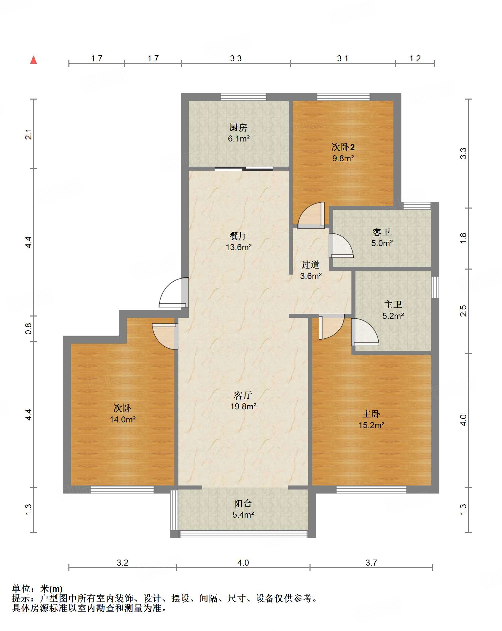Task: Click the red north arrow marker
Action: click(x=34, y=60)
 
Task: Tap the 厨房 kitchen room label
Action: click(x=238, y=127)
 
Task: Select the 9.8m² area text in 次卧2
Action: click(x=343, y=158)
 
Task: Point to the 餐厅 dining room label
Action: click(x=238, y=236)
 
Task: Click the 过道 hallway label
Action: click(x=311, y=265)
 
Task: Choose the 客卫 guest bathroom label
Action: click(x=382, y=232)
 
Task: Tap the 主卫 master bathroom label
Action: click(x=393, y=304)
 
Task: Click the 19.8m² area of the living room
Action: click(x=243, y=407)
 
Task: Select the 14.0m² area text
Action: click(x=123, y=419)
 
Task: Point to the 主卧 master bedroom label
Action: click(x=371, y=414)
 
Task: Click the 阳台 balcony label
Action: click(x=243, y=503)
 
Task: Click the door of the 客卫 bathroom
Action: click(x=341, y=245)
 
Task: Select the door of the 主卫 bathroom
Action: click(x=365, y=332)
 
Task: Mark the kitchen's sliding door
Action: click(x=244, y=169)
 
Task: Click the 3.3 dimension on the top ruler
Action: click(x=236, y=58)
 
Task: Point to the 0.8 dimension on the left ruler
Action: click(x=29, y=329)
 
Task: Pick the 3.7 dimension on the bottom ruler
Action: click(x=371, y=563)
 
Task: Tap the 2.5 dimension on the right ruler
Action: click(x=463, y=311)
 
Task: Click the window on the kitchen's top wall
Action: click(x=243, y=97)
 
